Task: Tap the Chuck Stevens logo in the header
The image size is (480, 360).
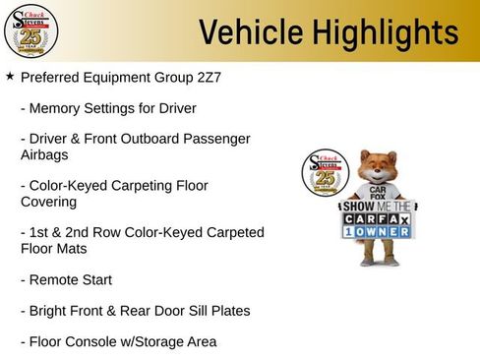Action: point(31,31)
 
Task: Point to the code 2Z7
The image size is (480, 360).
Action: point(205,77)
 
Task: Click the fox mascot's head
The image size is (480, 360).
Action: point(377,168)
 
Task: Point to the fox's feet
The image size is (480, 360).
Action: point(380,262)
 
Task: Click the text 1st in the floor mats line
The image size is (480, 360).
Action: point(42,232)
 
